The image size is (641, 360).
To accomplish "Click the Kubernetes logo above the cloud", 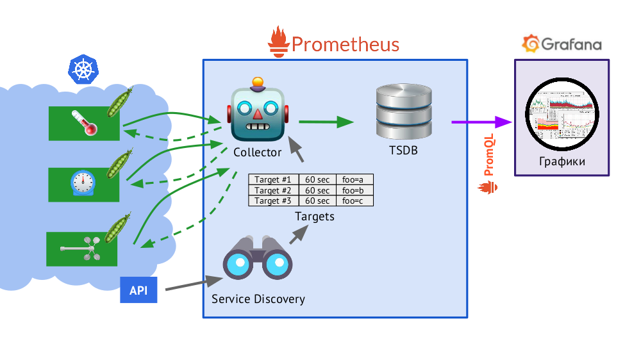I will (83, 70).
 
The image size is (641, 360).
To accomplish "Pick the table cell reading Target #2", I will (272, 190).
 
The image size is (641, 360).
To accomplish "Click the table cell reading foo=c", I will (354, 200).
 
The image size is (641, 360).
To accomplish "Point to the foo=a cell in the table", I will (354, 179).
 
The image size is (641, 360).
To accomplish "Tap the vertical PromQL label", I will (489, 154).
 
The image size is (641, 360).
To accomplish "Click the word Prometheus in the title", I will (345, 44).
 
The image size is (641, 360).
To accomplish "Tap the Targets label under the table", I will (314, 217).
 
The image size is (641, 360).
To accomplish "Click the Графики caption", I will (562, 161).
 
